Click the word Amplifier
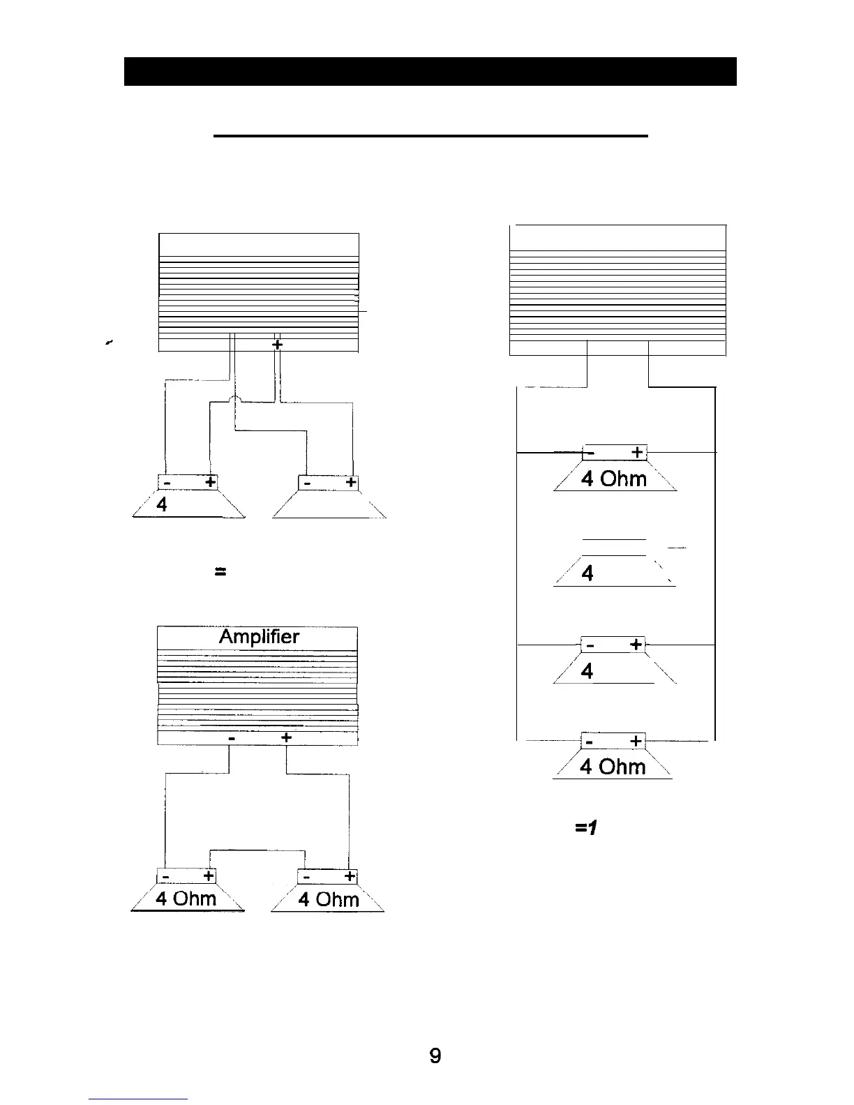click(x=259, y=637)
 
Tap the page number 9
click(x=435, y=1056)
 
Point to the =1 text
click(x=586, y=827)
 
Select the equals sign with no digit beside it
click(x=220, y=571)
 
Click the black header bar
click(x=430, y=71)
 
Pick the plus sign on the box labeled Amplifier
click(x=286, y=738)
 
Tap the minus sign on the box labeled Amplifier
click(x=231, y=738)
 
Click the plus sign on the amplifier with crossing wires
click(x=277, y=345)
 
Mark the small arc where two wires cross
click(x=234, y=399)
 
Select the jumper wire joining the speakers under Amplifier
click(x=258, y=850)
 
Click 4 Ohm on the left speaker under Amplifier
click(x=186, y=898)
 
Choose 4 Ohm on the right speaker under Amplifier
click(x=329, y=899)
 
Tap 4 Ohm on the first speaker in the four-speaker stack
click(x=613, y=479)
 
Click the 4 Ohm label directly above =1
click(x=613, y=767)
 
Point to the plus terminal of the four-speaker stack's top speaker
click(x=637, y=453)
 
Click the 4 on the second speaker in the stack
click(x=587, y=573)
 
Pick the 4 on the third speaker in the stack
click(x=587, y=670)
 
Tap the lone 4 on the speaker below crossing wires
click(x=162, y=504)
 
